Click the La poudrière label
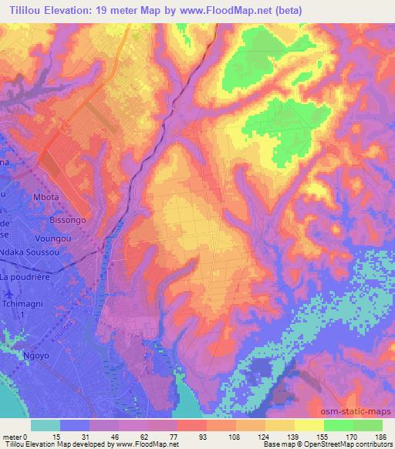(26, 277)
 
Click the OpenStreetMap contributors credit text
(351, 444)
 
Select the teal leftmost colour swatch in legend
(46, 425)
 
